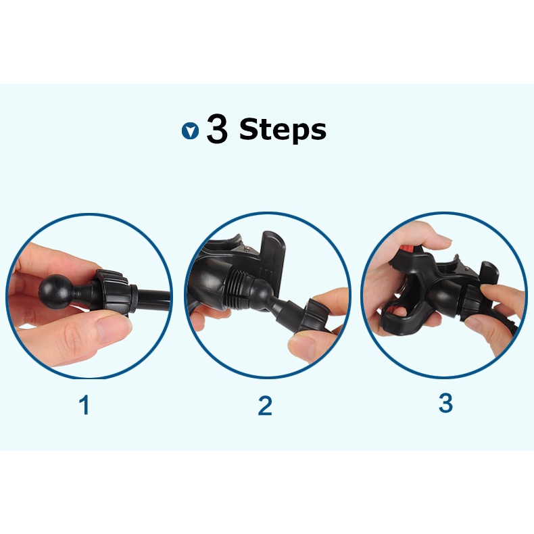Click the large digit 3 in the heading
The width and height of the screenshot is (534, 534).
pos(217,129)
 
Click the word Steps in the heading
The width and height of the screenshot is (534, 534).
pos(283,130)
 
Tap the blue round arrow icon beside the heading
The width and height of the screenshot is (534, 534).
pos(190,130)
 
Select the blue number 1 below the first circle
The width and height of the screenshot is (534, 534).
pos(84,405)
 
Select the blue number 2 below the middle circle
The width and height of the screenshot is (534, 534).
pos(265,406)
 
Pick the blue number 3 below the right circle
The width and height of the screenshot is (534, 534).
pos(445,403)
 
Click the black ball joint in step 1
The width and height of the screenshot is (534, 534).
pos(56,292)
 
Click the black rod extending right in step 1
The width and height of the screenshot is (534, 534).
pos(153,299)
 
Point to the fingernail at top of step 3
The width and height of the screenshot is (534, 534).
pos(444,239)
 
